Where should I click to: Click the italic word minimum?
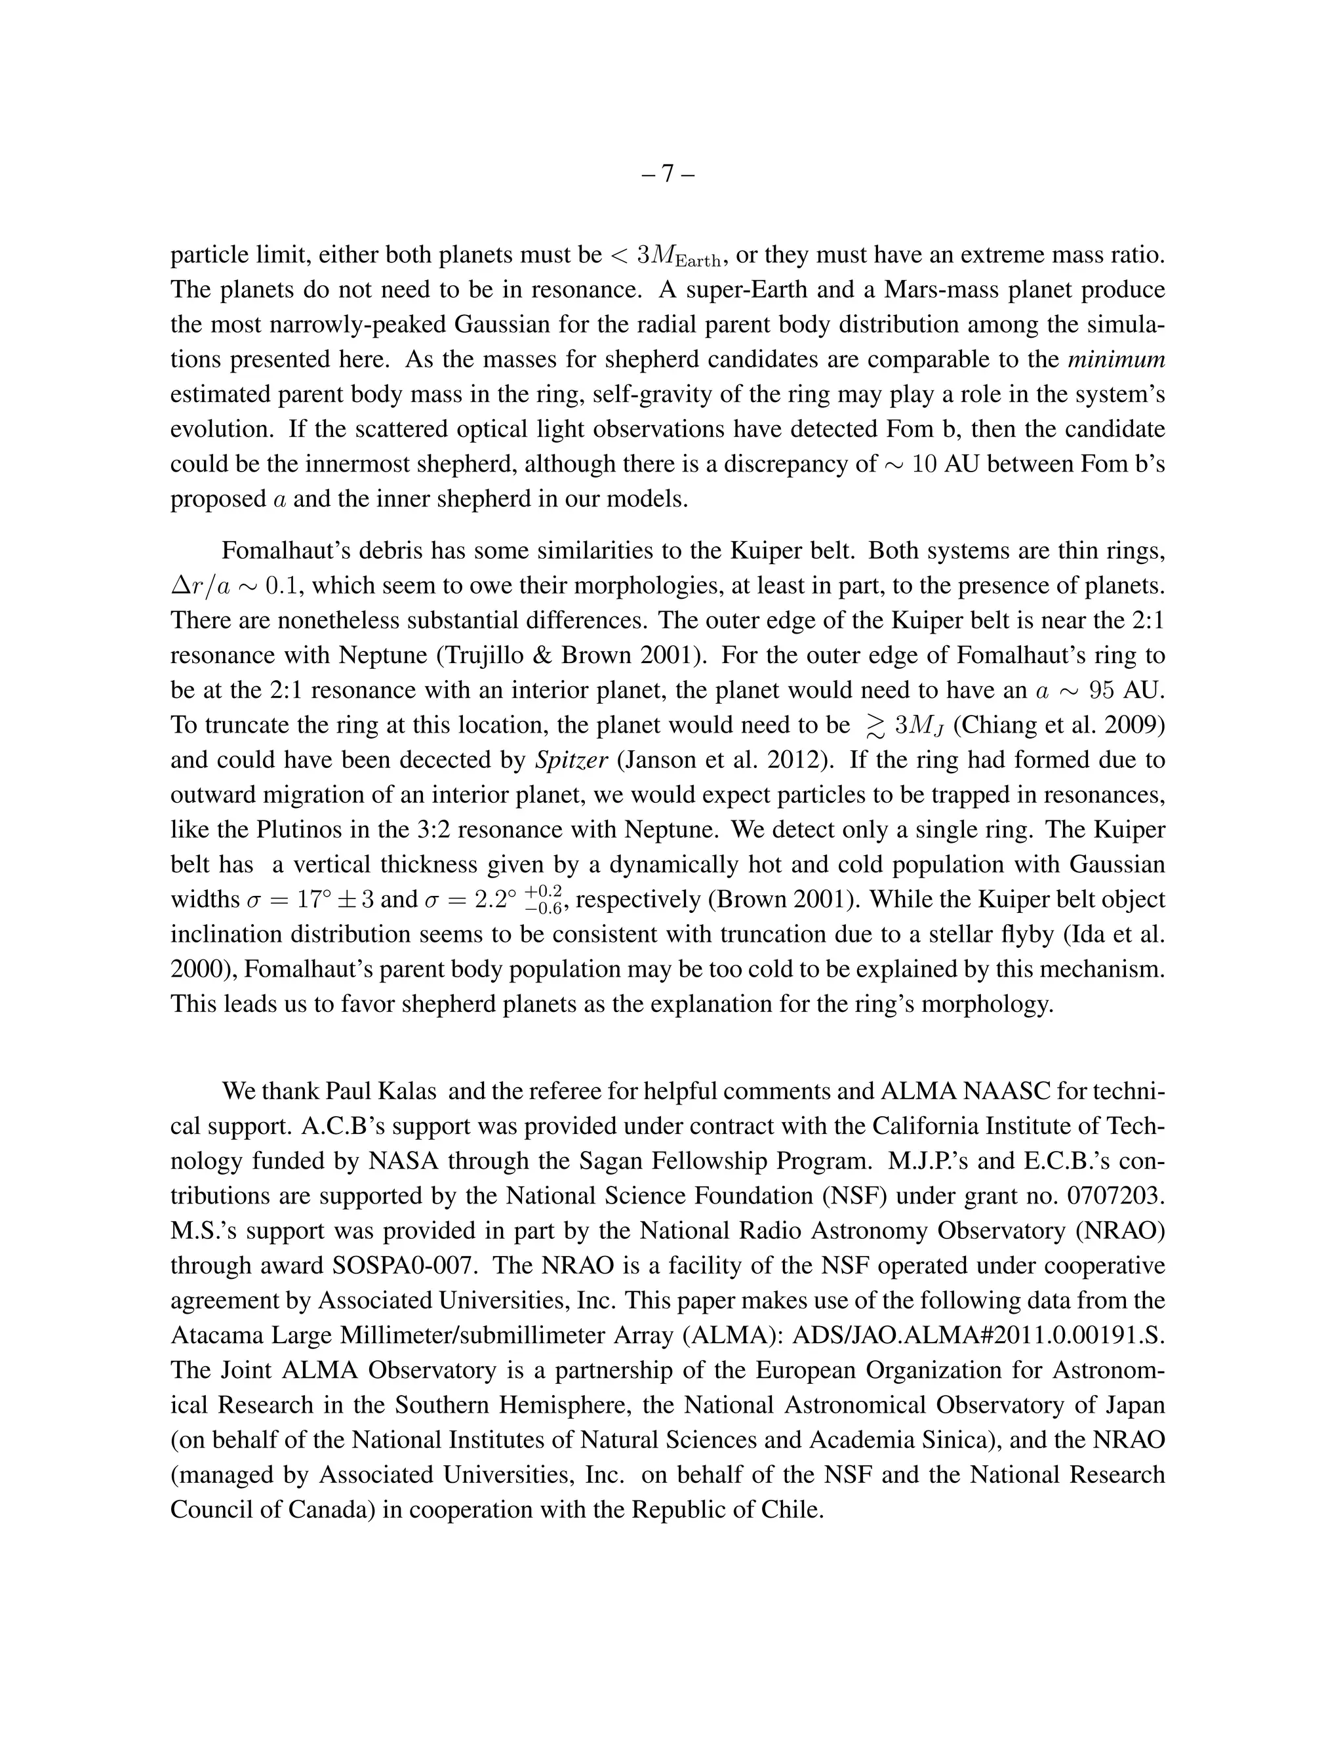pyautogui.click(x=1115, y=359)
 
